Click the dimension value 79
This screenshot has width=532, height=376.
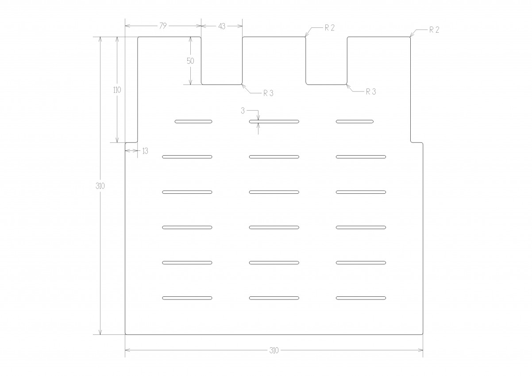coord(163,26)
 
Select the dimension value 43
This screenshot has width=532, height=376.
coord(222,27)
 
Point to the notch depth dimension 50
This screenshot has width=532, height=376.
coord(190,61)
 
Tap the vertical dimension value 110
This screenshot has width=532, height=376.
coord(117,90)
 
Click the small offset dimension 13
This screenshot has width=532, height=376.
coord(145,151)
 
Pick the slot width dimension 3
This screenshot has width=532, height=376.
coord(243,111)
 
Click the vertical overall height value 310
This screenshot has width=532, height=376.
coord(100,186)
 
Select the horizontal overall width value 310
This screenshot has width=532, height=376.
coord(274,350)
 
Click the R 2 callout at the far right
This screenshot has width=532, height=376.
coord(434,30)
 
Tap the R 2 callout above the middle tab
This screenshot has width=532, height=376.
coord(330,28)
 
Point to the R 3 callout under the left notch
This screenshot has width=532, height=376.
coord(268,93)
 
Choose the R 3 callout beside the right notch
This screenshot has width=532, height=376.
coord(371,92)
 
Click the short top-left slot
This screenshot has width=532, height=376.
coord(193,122)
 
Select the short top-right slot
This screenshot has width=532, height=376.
coord(355,122)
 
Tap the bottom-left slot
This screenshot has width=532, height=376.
coord(187,298)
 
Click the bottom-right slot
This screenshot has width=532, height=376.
coord(361,298)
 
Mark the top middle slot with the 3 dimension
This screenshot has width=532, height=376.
coord(274,122)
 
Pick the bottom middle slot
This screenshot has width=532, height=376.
coord(274,298)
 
